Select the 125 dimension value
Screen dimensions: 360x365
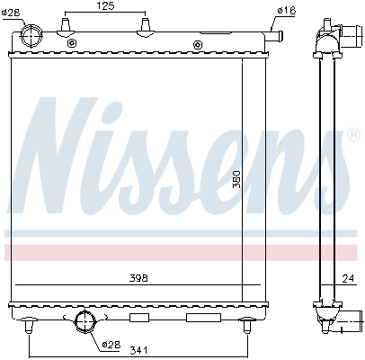tap(104, 7)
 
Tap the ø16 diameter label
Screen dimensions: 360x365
tap(286, 10)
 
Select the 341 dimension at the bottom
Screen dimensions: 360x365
tap(138, 350)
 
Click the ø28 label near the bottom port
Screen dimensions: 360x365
tap(111, 343)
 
